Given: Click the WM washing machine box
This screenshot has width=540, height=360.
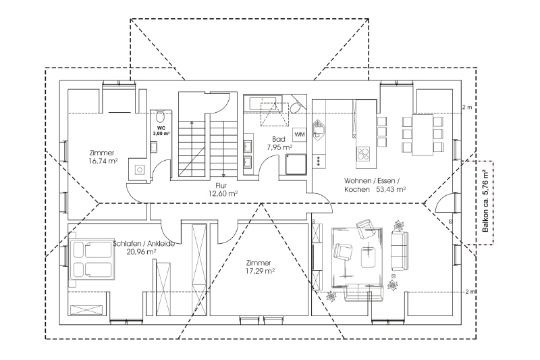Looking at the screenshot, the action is [x=299, y=134].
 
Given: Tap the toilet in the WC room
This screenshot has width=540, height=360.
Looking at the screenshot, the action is [x=160, y=116].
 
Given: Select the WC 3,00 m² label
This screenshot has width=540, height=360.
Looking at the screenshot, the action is [x=161, y=131].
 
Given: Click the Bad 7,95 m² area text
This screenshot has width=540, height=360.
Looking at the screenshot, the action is [x=279, y=143].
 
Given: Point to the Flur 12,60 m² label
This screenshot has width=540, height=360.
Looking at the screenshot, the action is [x=223, y=190].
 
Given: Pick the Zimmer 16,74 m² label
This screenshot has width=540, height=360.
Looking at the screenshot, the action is [x=102, y=157].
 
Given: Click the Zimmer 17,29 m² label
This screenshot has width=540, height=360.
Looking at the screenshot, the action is [x=261, y=267].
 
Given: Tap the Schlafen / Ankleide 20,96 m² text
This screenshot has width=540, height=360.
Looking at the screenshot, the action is [x=144, y=248].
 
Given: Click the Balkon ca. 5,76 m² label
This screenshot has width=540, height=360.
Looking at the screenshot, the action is [x=485, y=201].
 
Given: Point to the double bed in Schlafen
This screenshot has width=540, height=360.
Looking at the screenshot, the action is [x=92, y=259].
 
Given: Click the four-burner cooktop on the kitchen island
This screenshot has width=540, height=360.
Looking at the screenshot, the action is [x=363, y=153].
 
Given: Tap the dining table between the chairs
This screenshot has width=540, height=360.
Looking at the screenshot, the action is [x=423, y=135].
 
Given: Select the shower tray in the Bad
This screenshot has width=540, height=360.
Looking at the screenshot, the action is [x=296, y=164].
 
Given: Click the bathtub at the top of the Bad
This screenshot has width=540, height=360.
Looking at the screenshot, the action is [x=266, y=103].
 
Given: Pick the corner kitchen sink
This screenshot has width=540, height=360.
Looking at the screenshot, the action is [x=319, y=129].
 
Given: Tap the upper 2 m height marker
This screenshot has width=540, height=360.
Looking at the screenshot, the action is [x=467, y=107].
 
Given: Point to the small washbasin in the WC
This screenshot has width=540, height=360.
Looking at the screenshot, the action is [x=154, y=147].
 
